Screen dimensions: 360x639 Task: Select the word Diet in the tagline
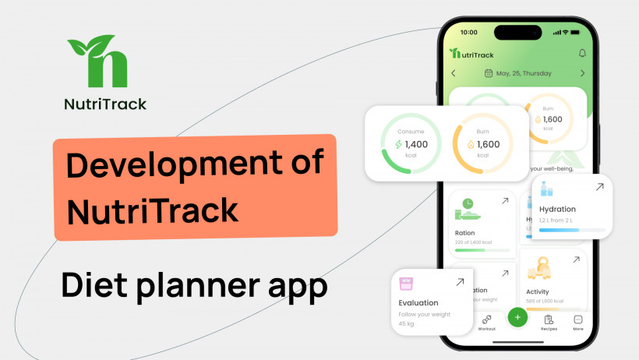point(95,287)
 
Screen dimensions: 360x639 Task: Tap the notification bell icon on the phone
point(582,53)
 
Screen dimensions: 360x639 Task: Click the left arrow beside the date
point(454,73)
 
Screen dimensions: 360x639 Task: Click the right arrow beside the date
point(582,73)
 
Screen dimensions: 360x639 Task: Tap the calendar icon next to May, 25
point(489,73)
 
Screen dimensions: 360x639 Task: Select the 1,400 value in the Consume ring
point(416,144)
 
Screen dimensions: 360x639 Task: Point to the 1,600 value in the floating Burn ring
point(488,144)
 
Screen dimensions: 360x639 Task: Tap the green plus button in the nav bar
point(517,318)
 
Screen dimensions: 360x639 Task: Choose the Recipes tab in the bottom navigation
point(549,322)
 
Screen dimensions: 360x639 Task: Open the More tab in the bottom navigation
point(578,322)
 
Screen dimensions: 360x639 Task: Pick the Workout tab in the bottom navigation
point(486,322)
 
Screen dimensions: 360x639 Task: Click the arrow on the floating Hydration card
point(599,187)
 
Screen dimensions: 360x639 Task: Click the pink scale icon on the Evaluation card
point(406,283)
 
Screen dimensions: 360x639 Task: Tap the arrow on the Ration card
point(504,201)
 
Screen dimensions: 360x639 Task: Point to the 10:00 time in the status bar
point(469,33)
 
